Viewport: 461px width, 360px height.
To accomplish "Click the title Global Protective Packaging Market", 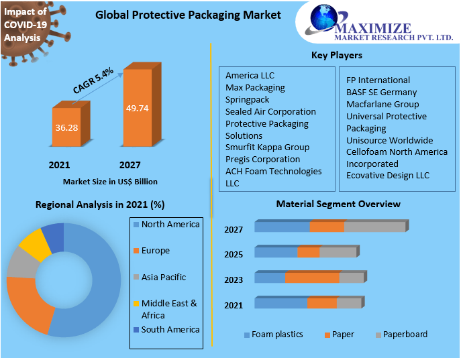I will coord(188,15).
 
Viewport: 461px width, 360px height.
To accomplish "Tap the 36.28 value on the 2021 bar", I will coord(66,128).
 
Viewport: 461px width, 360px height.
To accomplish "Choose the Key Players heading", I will coord(336,55).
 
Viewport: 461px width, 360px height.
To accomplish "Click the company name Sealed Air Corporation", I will coord(270,111).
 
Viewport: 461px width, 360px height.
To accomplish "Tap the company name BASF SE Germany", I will coord(381,93).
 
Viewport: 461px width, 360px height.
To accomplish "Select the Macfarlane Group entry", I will coord(382,104).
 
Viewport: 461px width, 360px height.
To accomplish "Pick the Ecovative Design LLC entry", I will coord(388,176).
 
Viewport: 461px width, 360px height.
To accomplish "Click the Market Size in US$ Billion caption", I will coord(110,181).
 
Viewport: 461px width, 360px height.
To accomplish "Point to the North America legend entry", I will coord(170,225).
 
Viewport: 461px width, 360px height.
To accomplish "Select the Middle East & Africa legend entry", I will coord(168,309).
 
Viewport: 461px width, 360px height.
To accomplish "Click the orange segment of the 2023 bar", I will coord(312,278).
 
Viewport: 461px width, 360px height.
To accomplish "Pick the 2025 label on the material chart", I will coord(233,255).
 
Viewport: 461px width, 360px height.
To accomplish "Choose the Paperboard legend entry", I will coord(405,334).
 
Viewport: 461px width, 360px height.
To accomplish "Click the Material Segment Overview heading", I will coord(338,204).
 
